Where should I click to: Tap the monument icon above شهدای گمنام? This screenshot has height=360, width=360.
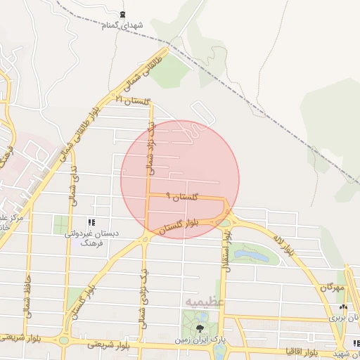tap(124, 15)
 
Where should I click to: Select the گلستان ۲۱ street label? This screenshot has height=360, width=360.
tap(134, 101)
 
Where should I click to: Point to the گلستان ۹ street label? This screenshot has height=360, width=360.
tap(184, 198)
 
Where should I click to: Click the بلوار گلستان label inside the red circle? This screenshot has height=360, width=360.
tap(179, 225)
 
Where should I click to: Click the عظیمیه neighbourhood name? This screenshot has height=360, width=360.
tap(205, 301)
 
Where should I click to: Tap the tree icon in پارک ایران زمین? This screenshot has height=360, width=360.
tap(202, 328)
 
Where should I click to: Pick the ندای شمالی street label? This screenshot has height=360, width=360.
tap(72, 189)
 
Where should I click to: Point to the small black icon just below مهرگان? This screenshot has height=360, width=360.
tap(342, 307)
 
